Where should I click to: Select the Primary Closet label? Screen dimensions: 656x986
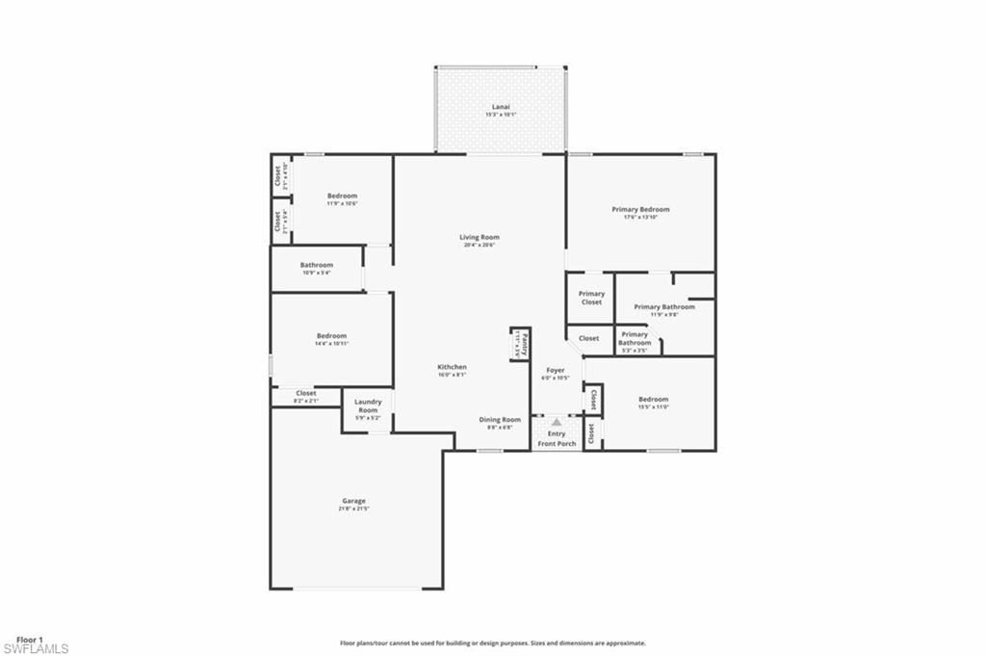[x=591, y=298]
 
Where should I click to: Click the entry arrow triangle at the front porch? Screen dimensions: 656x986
[x=556, y=422]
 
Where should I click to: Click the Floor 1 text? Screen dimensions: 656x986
[x=30, y=640]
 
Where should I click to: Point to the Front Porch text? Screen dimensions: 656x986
[x=557, y=443]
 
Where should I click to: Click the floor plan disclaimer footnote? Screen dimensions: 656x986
[x=492, y=643]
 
